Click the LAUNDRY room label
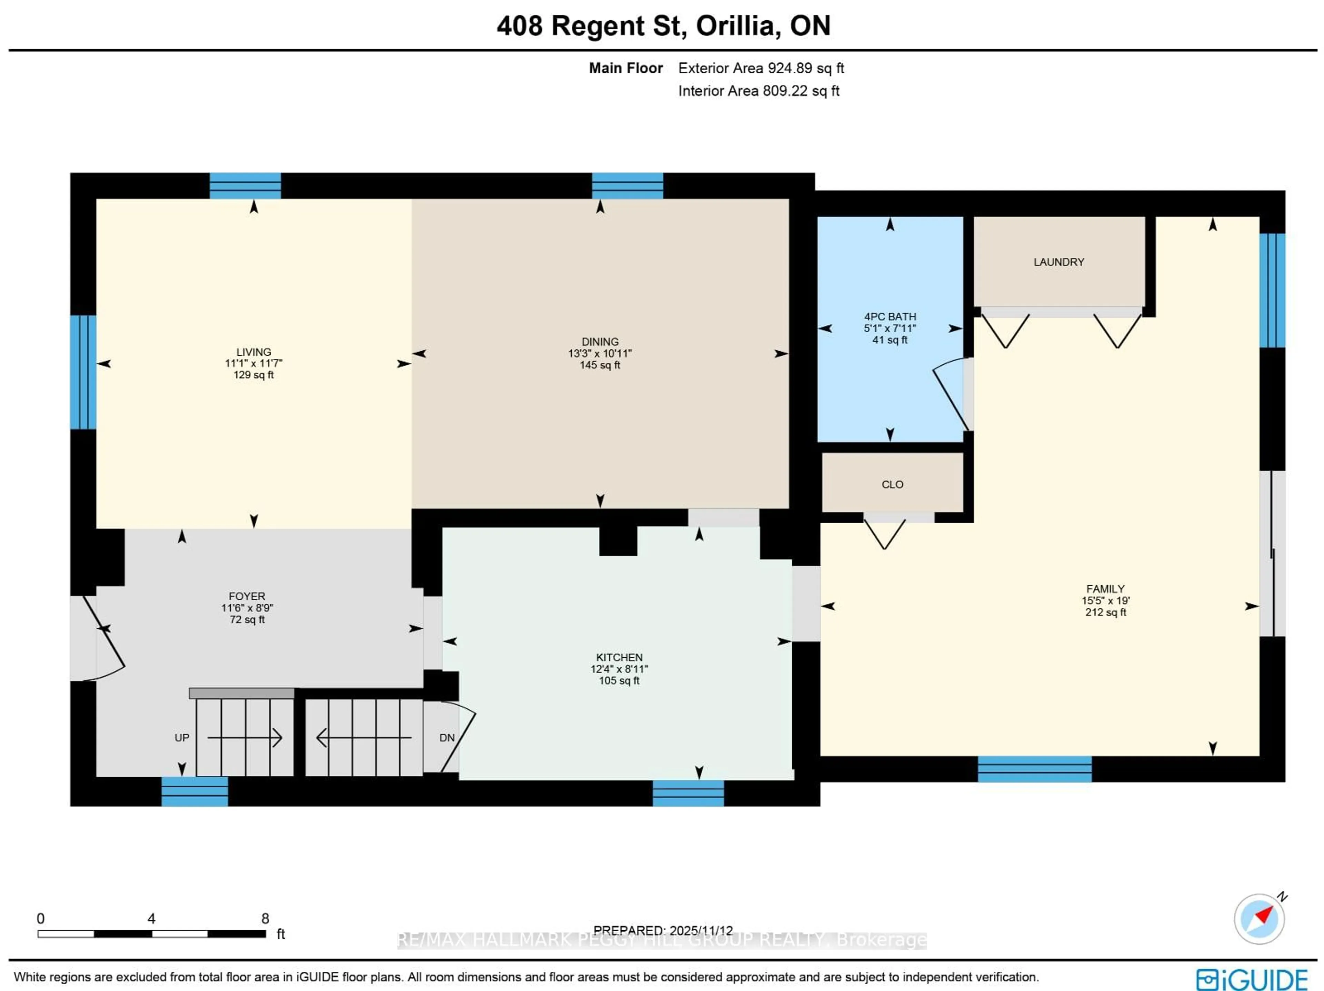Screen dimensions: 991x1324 coord(1058,262)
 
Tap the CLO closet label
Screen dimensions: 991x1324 coord(892,485)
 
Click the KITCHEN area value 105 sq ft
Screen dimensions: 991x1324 coord(619,681)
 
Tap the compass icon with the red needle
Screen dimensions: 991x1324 coord(1259,919)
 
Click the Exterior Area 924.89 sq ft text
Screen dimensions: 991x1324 coord(761,68)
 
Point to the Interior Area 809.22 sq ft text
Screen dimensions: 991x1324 coord(758,91)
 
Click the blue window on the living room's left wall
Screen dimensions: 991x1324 coord(83,372)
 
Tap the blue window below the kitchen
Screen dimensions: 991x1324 coord(688,793)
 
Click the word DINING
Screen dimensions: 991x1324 coord(600,342)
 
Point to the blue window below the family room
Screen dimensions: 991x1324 coord(1034,769)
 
